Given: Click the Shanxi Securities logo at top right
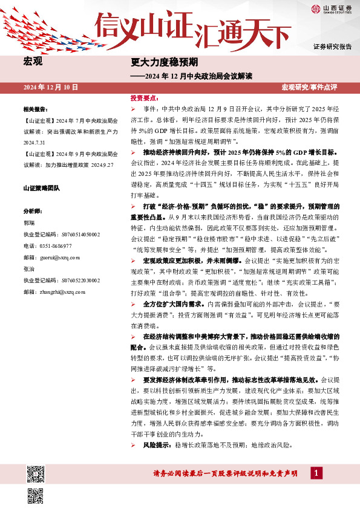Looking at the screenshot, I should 331,8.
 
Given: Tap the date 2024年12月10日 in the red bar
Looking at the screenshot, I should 51,87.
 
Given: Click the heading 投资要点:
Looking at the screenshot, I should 145,97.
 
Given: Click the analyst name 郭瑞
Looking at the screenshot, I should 28,223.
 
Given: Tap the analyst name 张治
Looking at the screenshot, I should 28,269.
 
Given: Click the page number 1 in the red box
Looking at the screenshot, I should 315,473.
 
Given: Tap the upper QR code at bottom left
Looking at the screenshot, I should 36,473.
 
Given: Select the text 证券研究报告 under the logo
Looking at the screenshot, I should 332,47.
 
